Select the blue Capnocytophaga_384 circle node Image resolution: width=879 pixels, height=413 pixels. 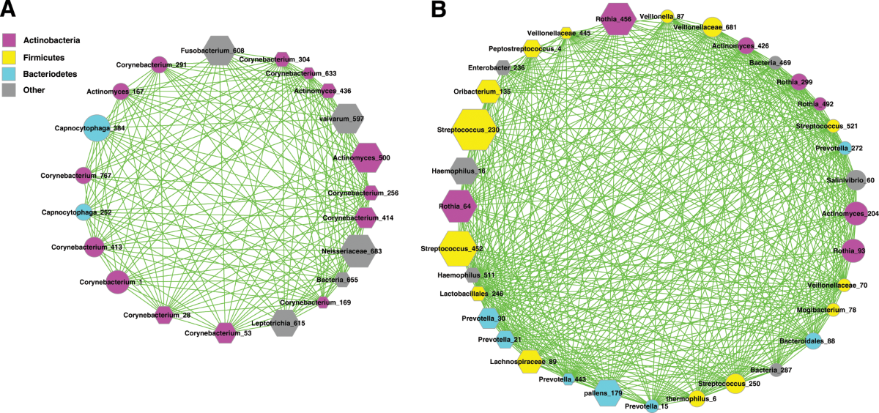(97, 128)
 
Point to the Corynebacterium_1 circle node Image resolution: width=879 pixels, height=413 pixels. (119, 281)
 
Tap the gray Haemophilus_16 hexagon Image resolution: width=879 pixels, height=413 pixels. (466, 171)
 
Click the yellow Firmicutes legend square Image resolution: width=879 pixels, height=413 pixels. (10, 57)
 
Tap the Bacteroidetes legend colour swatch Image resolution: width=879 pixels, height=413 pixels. (10, 74)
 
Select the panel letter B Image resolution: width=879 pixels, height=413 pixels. (439, 10)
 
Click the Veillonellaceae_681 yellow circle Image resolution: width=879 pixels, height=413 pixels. (713, 27)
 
